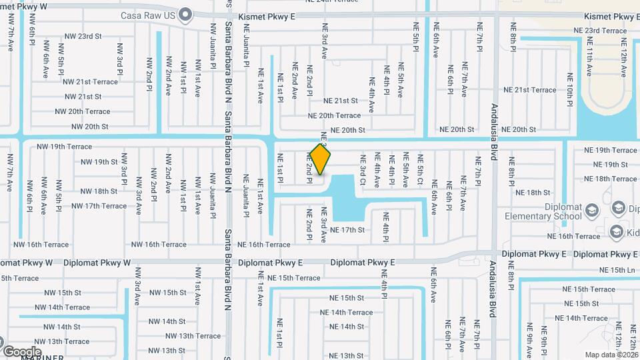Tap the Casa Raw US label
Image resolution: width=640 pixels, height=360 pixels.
click(149, 15)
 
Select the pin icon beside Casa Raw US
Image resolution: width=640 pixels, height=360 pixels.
click(186, 15)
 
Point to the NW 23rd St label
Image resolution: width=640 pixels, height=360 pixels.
click(83, 37)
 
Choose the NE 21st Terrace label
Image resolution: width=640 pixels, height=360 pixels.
click(529, 90)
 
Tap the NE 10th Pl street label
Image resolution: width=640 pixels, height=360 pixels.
click(570, 90)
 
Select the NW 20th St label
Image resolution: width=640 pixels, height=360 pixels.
click(89, 127)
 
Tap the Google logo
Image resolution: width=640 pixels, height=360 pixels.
click(22, 351)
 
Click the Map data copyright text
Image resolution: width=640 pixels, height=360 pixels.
click(611, 355)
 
